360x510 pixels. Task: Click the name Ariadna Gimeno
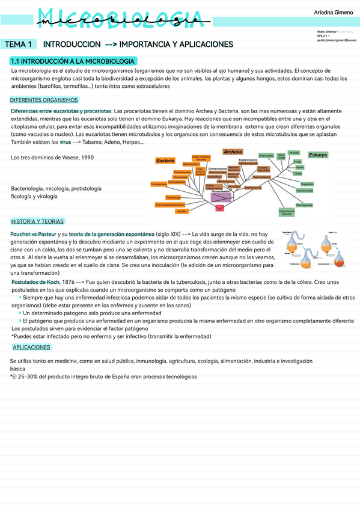pyautogui.click(x=334, y=12)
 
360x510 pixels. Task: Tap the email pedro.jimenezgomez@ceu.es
pyautogui.click(x=336, y=40)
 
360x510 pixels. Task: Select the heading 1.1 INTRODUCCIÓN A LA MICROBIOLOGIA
pyautogui.click(x=72, y=61)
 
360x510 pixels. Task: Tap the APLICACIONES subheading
pyautogui.click(x=32, y=348)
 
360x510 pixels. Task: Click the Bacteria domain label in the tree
pyautogui.click(x=165, y=161)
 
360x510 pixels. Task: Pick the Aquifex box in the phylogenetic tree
pyautogui.click(x=182, y=211)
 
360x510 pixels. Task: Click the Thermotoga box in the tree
pyautogui.click(x=173, y=197)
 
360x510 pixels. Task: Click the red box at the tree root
pyautogui.click(x=219, y=208)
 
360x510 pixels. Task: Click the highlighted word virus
pyautogui.click(x=65, y=143)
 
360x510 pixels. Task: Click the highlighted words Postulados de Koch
pyautogui.click(x=35, y=281)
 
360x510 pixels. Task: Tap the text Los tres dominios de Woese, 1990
pyautogui.click(x=53, y=158)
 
